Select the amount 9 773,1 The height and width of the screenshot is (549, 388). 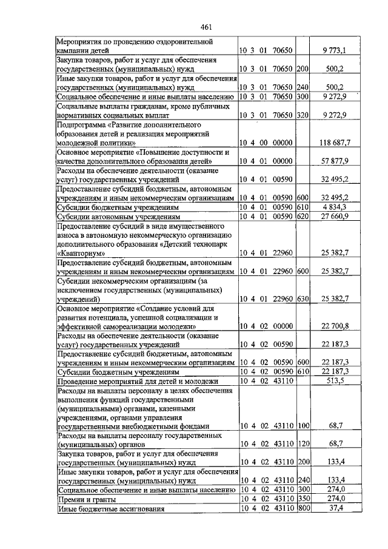(332, 50)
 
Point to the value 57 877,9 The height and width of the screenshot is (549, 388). (332, 162)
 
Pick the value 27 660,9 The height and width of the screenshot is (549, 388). (332, 216)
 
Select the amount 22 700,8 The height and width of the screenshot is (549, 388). (332, 326)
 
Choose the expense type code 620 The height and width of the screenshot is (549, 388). (303, 216)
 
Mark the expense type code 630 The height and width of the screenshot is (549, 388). (303, 299)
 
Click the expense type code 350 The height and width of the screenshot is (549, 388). (303, 499)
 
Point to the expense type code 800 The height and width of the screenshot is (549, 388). (303, 508)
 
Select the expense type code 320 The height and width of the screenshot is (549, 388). (303, 115)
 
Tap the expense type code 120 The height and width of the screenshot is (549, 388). (303, 444)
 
